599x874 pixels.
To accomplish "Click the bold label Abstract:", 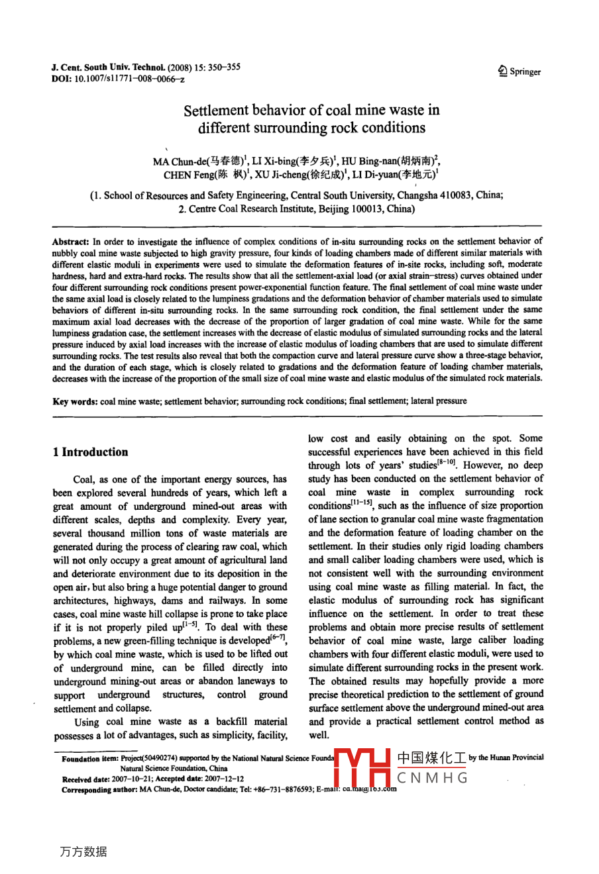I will pos(70,242).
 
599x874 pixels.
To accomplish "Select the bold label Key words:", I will pos(75,401).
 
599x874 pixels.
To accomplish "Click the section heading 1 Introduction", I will pos(90,452).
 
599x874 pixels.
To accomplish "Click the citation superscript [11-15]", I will pos(364,503).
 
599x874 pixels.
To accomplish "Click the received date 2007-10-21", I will pos(131,779).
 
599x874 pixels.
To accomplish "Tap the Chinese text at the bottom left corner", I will pos(83,851).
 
